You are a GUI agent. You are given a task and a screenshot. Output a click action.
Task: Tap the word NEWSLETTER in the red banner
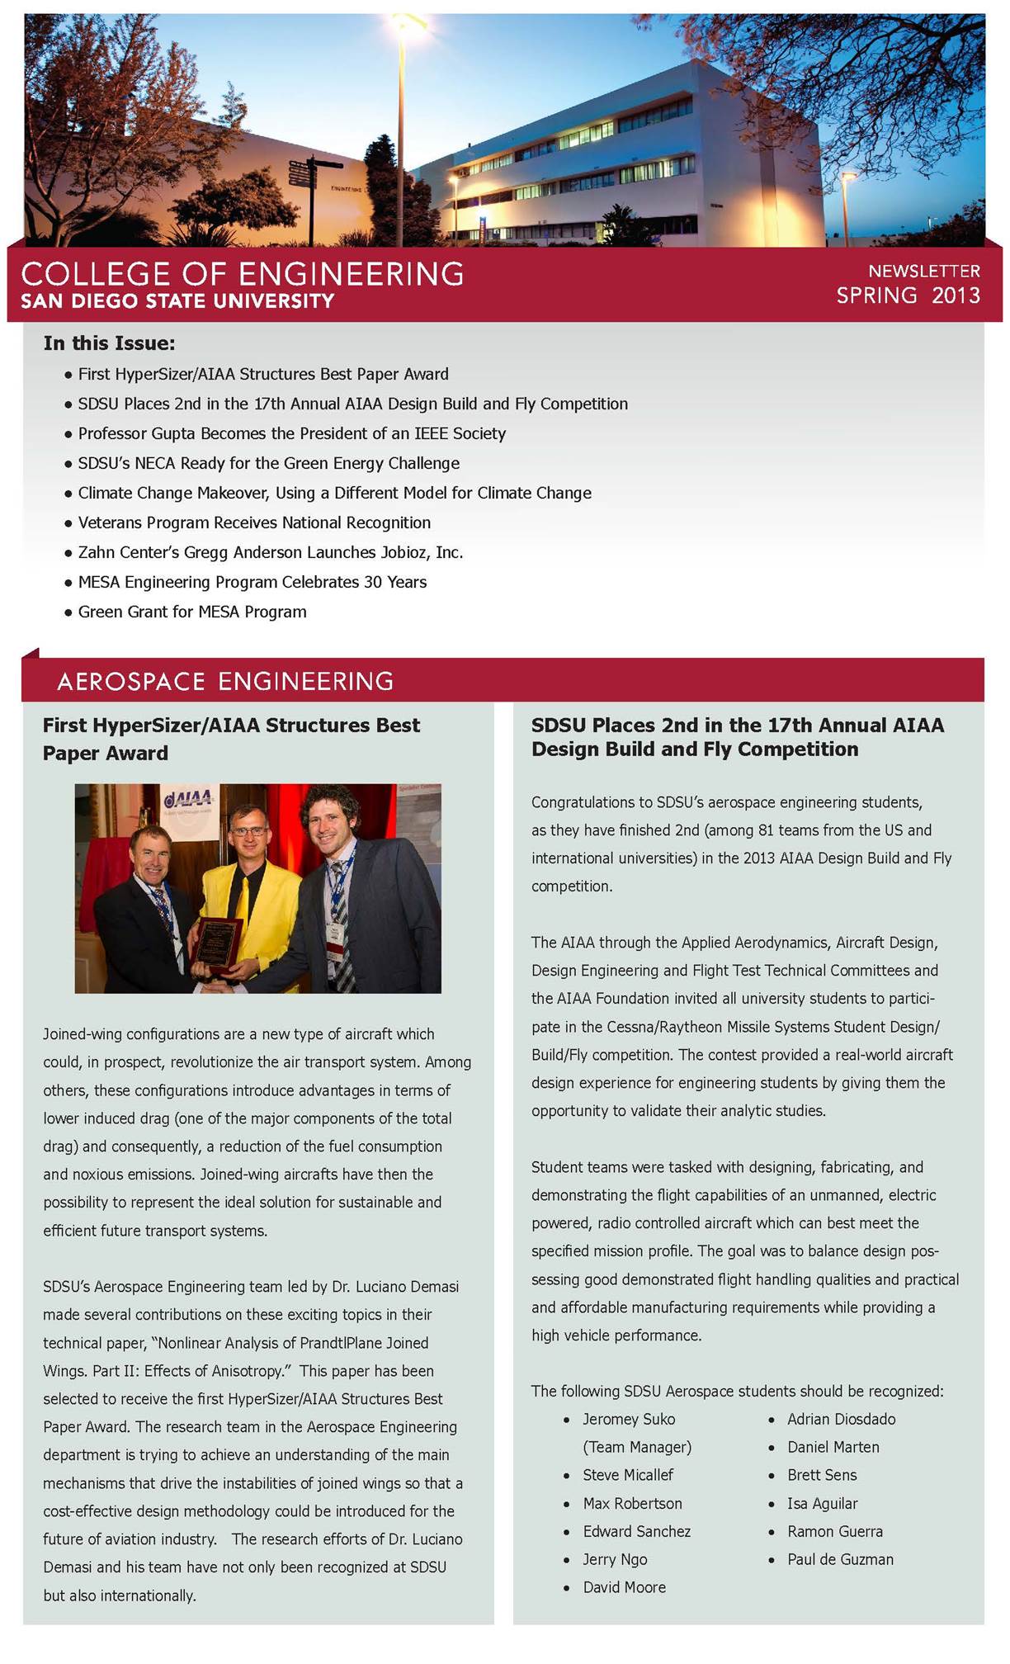(923, 271)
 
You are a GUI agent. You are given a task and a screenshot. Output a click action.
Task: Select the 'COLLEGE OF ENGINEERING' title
(242, 274)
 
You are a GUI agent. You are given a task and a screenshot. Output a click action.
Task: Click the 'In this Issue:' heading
(109, 343)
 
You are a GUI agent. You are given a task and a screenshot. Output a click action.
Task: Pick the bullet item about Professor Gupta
(291, 433)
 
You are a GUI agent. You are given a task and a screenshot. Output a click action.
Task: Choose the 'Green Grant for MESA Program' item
(191, 612)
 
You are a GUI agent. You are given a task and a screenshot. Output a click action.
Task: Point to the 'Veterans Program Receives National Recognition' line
(254, 522)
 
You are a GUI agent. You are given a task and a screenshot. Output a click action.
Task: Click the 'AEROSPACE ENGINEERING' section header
(224, 681)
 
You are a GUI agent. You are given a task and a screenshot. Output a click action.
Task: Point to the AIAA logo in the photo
(190, 798)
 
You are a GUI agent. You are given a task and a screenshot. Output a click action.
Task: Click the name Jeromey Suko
(628, 1419)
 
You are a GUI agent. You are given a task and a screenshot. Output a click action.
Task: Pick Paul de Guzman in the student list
(840, 1559)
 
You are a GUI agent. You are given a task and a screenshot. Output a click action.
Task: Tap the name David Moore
(624, 1587)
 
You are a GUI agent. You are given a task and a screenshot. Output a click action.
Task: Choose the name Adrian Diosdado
(841, 1419)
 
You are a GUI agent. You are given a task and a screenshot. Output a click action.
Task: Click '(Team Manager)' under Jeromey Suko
(637, 1447)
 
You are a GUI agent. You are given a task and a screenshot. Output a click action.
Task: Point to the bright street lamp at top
(410, 21)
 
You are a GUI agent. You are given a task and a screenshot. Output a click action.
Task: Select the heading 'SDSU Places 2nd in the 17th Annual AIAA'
(737, 725)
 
